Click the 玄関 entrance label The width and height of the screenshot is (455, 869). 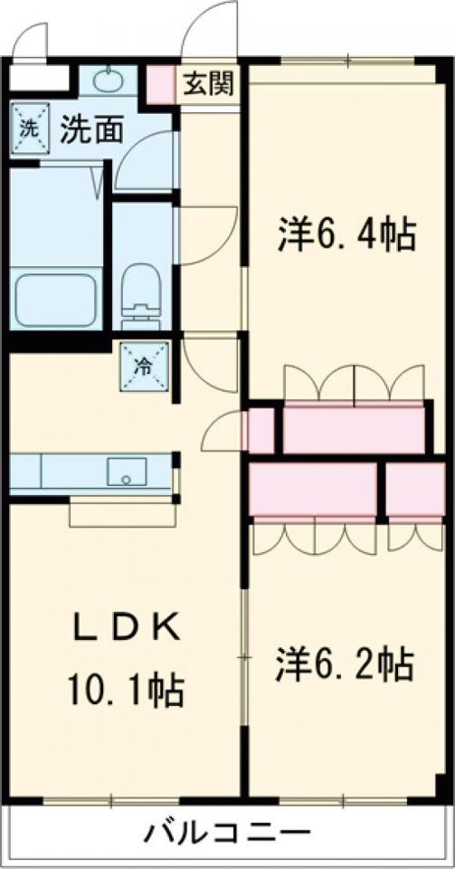point(209,84)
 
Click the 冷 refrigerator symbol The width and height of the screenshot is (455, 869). point(144,365)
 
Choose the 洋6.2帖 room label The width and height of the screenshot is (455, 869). point(345,665)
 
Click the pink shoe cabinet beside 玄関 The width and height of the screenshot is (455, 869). point(163,84)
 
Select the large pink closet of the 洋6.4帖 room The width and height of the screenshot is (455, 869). point(354,428)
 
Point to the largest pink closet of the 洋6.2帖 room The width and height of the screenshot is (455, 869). point(313,490)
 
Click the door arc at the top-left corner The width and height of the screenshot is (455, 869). point(33,40)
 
